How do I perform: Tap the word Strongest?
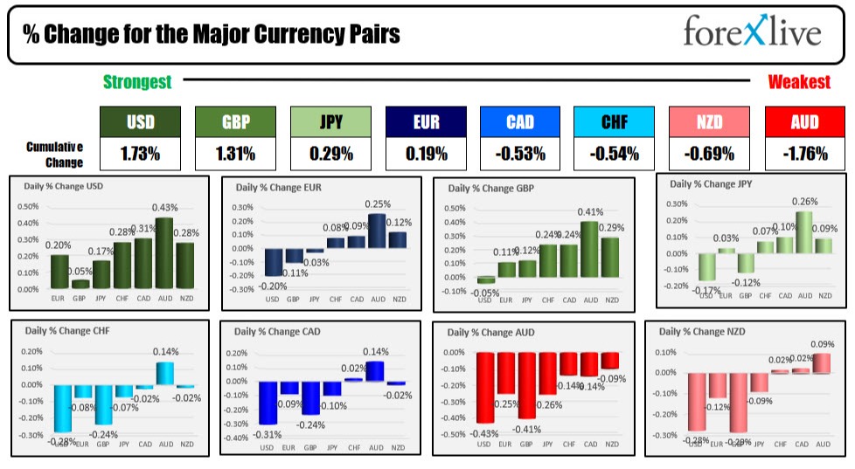[x=137, y=82]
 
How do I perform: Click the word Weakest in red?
[x=799, y=82]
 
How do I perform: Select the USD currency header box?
[x=141, y=122]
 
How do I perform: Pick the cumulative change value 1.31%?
[x=235, y=154]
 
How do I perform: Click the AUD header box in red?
[x=805, y=122]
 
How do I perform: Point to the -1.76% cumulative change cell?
[x=805, y=154]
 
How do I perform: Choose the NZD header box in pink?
[x=710, y=122]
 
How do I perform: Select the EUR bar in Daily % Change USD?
[x=59, y=272]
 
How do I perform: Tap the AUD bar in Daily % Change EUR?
[x=377, y=231]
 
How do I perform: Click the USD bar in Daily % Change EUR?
[x=272, y=261]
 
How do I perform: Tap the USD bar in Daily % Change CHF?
[x=61, y=408]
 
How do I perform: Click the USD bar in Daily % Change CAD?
[x=268, y=403]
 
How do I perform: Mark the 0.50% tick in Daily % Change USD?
[x=28, y=207]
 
